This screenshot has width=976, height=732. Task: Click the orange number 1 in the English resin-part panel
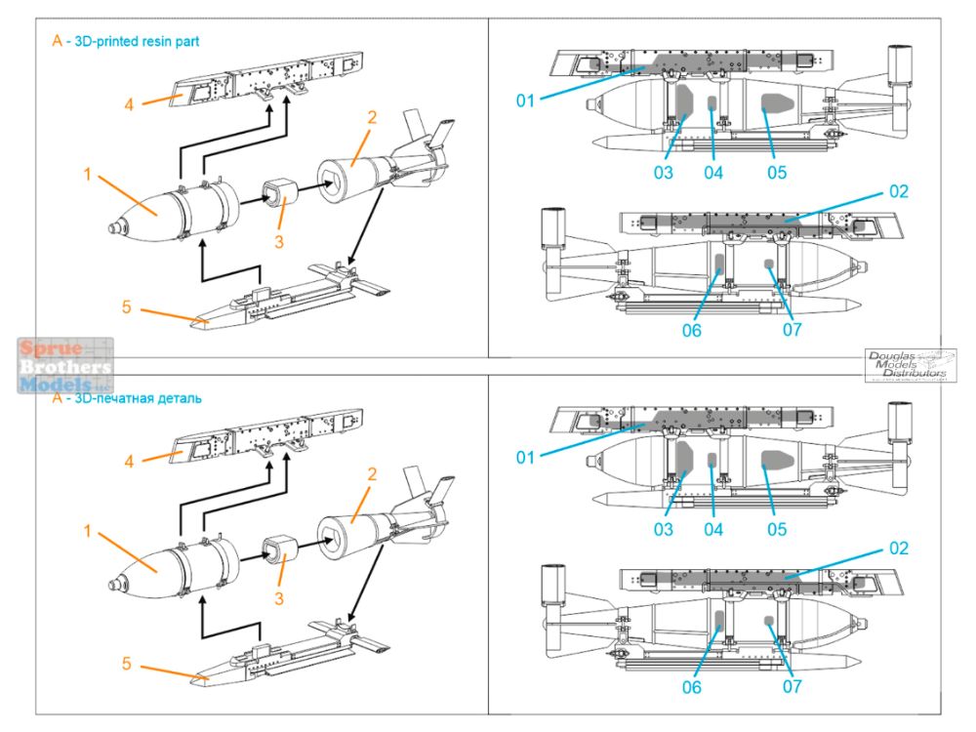87,176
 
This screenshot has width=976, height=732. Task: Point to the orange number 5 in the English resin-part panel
126,307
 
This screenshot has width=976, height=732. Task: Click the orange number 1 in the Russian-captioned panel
87,531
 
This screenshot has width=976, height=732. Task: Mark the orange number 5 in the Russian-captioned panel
126,664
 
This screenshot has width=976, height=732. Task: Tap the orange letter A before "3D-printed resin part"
58,41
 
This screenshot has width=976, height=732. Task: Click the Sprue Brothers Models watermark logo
64,366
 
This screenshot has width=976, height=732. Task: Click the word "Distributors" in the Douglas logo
915,374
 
